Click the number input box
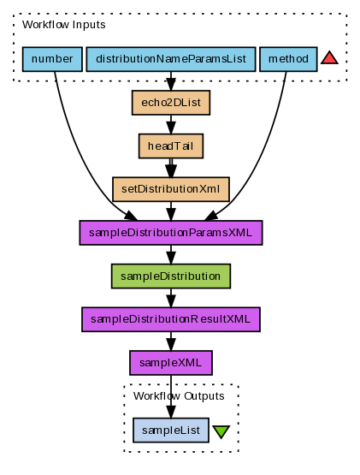pyautogui.click(x=52, y=59)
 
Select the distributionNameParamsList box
pyautogui.click(x=171, y=59)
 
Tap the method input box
pyautogui.click(x=288, y=59)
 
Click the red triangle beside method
pyautogui.click(x=329, y=58)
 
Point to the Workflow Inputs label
pyautogui.click(x=63, y=25)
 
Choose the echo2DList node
pyautogui.click(x=171, y=103)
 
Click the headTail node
pyautogui.click(x=171, y=146)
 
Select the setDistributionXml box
pyautogui.click(x=171, y=189)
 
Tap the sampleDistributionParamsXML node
pyautogui.click(x=171, y=233)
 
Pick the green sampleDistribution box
pyautogui.click(x=171, y=276)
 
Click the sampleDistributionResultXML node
pyautogui.click(x=171, y=319)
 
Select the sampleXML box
pyautogui.click(x=171, y=363)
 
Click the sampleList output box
pyautogui.click(x=171, y=430)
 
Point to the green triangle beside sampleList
pyautogui.click(x=221, y=431)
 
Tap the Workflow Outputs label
pyautogui.click(x=179, y=396)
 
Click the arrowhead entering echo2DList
pyautogui.click(x=171, y=84)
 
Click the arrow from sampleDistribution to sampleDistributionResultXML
pyautogui.click(x=171, y=298)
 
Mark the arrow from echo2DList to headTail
pyautogui.click(x=171, y=124)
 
